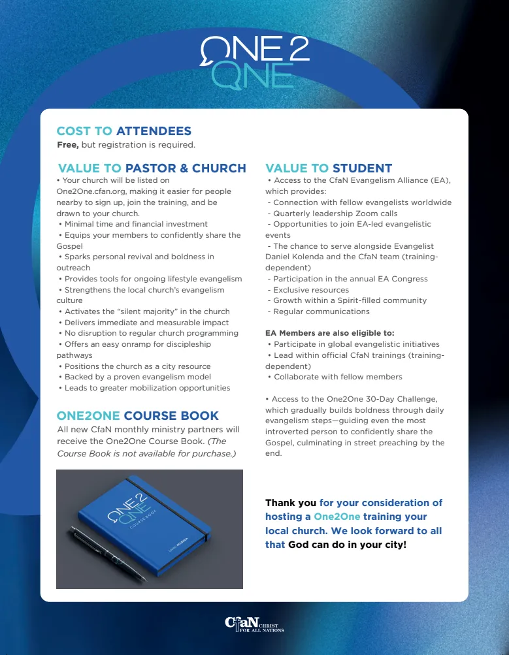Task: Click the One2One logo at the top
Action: pyautogui.click(x=255, y=62)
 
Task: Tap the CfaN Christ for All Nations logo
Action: pyautogui.click(x=252, y=624)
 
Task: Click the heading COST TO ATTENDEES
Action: pyautogui.click(x=124, y=131)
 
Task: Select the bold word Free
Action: pyautogui.click(x=68, y=144)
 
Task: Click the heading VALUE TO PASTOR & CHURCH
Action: pyautogui.click(x=152, y=168)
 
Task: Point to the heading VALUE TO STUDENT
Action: pyautogui.click(x=329, y=168)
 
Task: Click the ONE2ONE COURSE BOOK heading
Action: pyautogui.click(x=138, y=415)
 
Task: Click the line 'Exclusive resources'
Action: pyautogui.click(x=310, y=289)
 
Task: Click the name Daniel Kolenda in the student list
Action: pyautogui.click(x=293, y=257)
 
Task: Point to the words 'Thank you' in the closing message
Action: pyautogui.click(x=290, y=503)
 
